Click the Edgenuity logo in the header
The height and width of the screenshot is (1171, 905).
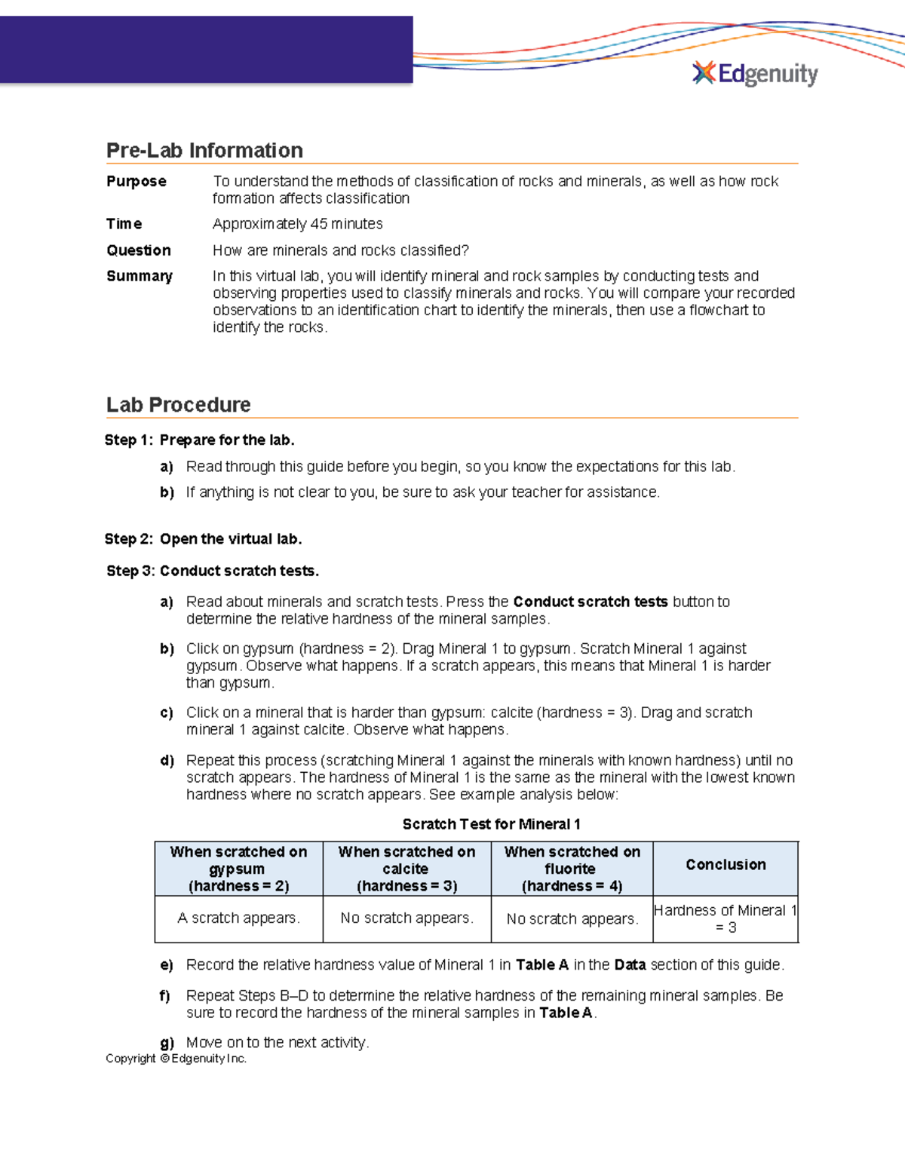click(x=755, y=74)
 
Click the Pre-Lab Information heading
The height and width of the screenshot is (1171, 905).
click(x=204, y=150)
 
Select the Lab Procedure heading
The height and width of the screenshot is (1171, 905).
click(x=178, y=405)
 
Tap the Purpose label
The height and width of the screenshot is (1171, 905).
click(x=137, y=182)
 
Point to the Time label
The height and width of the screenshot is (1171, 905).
click(x=124, y=224)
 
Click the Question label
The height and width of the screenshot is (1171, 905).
click(x=139, y=250)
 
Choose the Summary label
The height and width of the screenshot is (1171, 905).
click(x=140, y=276)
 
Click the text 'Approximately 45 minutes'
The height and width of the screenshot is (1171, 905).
click(x=298, y=224)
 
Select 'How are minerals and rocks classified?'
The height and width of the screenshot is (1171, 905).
click(x=341, y=250)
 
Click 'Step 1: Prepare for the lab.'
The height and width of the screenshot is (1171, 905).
click(x=200, y=440)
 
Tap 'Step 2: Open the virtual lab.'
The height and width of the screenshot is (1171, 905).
click(x=204, y=539)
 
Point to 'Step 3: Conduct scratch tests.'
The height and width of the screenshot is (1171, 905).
click(x=213, y=571)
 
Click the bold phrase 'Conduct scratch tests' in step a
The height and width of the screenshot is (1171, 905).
click(x=590, y=602)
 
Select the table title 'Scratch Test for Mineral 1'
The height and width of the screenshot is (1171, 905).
click(x=491, y=824)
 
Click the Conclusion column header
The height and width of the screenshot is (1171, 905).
click(x=726, y=865)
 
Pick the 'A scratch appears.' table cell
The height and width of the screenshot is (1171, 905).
click(x=238, y=918)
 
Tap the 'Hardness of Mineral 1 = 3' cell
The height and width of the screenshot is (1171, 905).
click(x=726, y=919)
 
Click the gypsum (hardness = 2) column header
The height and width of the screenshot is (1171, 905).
click(x=238, y=869)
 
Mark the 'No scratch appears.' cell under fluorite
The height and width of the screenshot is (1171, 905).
click(x=572, y=919)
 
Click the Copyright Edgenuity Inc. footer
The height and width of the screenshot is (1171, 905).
click(x=176, y=1059)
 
